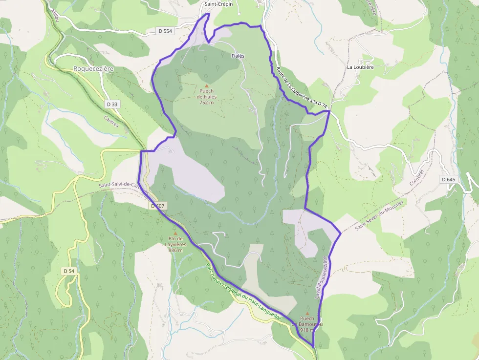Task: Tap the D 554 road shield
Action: [x=166, y=31]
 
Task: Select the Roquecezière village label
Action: [x=93, y=69]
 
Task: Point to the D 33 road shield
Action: [x=112, y=104]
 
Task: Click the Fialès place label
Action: [x=238, y=56]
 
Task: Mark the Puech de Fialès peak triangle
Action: [x=206, y=85]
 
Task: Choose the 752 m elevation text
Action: [x=207, y=103]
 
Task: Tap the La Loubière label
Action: [x=360, y=67]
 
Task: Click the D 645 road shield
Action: [x=448, y=179]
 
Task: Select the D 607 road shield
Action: [x=157, y=206]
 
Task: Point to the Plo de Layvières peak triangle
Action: [x=175, y=233]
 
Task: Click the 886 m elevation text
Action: [x=175, y=250]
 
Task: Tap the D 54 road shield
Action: [x=69, y=271]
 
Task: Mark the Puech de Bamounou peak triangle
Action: [x=307, y=314]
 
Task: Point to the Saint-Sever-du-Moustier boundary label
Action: [x=380, y=215]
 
